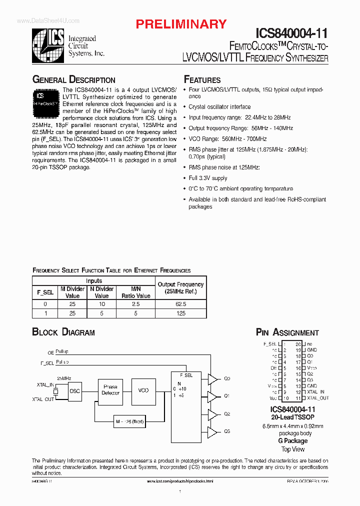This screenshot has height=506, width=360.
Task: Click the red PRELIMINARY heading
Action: tap(181, 24)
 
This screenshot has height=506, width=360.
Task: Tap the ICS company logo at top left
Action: tap(48, 45)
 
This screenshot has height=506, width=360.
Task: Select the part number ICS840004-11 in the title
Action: tap(291, 33)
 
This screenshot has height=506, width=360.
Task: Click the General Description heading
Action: tap(73, 80)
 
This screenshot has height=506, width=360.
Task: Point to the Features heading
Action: tap(202, 80)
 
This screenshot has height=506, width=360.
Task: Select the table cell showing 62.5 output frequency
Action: tap(181, 304)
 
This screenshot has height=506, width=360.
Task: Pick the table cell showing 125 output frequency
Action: tap(181, 313)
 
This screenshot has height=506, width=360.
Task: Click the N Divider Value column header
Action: tap(101, 292)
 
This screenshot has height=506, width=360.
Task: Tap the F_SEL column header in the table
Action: tap(45, 292)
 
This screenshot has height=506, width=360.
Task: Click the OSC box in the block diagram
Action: tap(74, 390)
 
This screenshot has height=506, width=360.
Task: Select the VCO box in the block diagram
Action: tap(143, 390)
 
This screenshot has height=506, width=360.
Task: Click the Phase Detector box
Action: tap(110, 390)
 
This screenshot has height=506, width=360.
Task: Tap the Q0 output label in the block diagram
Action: tap(227, 378)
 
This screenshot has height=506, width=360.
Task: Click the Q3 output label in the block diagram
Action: tap(227, 431)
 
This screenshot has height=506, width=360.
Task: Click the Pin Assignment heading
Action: tap(287, 332)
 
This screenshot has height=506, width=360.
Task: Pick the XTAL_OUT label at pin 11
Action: tap(318, 398)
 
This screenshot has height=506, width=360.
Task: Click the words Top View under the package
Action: tap(292, 449)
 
